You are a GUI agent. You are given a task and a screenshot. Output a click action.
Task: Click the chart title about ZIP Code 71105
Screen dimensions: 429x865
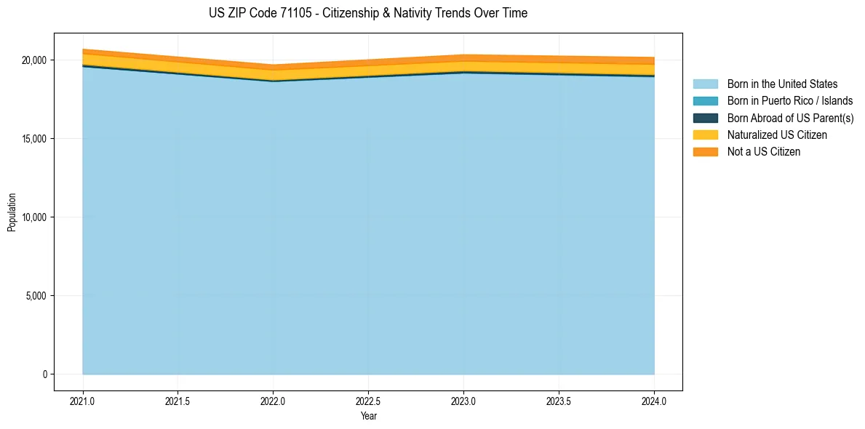point(367,13)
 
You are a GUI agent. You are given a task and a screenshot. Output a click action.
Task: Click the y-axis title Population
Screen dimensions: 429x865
point(12,212)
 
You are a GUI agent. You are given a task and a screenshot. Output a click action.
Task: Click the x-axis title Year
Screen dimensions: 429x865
point(368,416)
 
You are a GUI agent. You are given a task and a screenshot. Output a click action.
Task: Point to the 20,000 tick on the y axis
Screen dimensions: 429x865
point(33,60)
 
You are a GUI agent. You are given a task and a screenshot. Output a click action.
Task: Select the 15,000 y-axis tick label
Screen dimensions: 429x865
point(33,139)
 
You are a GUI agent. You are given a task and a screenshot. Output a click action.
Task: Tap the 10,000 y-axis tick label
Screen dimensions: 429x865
point(33,217)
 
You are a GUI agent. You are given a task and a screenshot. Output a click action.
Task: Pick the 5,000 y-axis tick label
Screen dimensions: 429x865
point(36,296)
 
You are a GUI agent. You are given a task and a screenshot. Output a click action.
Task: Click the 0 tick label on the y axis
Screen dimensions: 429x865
point(44,374)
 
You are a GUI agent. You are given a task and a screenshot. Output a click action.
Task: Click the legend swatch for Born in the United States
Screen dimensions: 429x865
point(705,84)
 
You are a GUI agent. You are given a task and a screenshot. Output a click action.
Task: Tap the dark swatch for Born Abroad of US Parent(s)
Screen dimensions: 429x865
point(705,118)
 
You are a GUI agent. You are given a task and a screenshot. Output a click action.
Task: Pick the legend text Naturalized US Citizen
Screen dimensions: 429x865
point(777,135)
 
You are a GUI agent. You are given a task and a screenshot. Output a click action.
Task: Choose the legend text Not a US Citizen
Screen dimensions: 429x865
point(764,152)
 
